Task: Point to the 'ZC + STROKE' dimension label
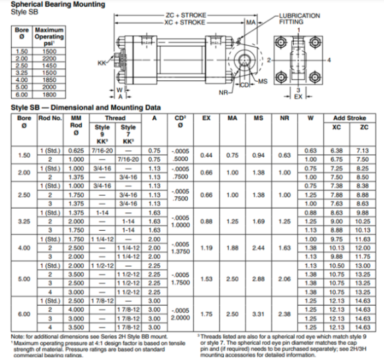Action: [184, 14]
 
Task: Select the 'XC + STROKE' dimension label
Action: [184, 22]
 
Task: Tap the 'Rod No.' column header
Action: [50, 118]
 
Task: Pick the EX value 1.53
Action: [207, 278]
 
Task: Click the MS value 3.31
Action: [259, 314]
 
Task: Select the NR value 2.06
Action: [285, 278]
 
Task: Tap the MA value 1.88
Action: [233, 247]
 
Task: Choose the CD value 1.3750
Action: [177, 251]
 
